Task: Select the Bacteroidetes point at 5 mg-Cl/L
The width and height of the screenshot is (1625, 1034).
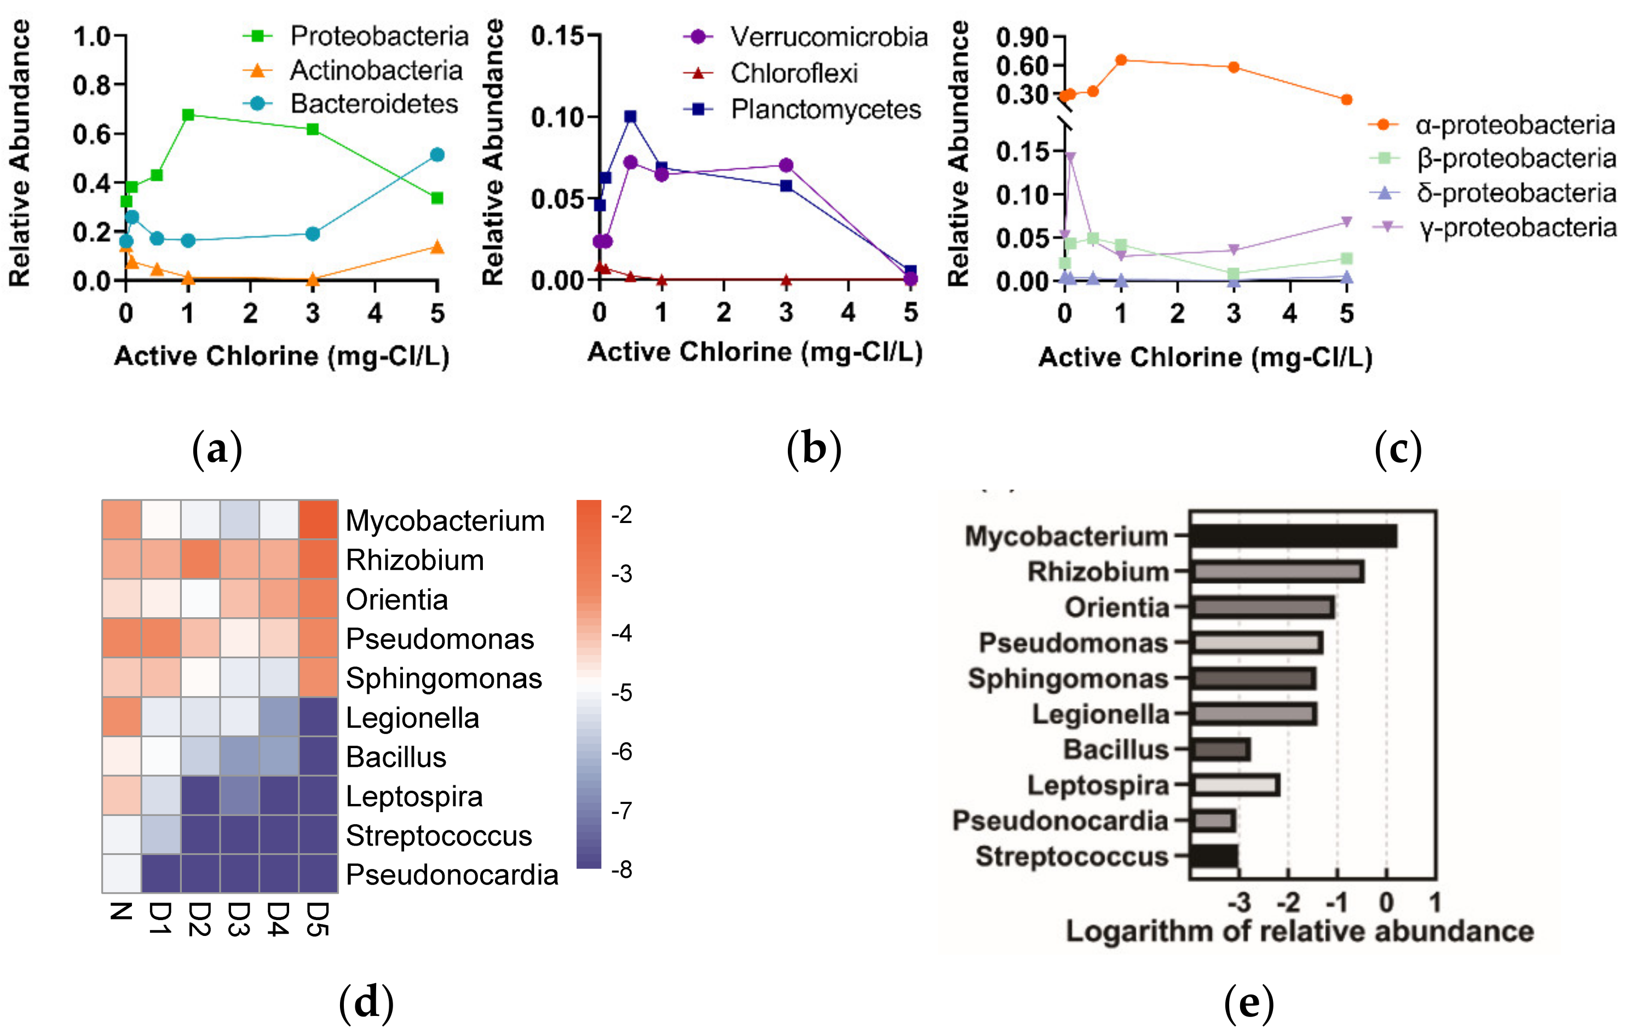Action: pos(437,154)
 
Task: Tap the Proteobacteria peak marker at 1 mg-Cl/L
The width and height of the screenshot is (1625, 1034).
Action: pos(188,115)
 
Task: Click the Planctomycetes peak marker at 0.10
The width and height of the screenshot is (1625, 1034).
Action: pos(630,117)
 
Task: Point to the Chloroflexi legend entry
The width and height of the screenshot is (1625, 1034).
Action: pos(793,73)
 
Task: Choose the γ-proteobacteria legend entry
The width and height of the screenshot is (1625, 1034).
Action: pos(1517,227)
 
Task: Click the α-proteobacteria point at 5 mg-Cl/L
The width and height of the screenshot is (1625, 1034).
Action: pos(1346,100)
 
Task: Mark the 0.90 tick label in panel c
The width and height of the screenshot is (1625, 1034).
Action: pos(1022,37)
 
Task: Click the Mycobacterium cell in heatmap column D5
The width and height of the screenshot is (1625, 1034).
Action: pos(318,520)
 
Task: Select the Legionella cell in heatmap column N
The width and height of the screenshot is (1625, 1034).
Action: pos(122,717)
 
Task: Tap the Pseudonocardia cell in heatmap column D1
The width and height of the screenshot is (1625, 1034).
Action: pos(160,874)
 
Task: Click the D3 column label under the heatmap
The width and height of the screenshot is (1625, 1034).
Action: pos(239,919)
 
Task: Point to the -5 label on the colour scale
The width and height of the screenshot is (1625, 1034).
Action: pos(621,692)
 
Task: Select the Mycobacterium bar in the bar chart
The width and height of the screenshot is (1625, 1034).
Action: pos(1292,536)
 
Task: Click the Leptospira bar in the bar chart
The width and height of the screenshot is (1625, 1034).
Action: pos(1235,785)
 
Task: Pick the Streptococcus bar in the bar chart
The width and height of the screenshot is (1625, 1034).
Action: pos(1214,856)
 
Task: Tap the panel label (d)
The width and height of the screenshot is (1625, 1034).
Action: pos(366,1002)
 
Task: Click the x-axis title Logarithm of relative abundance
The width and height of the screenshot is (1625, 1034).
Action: pos(1299,932)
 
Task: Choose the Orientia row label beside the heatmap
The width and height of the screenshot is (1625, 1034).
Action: pos(397,599)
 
